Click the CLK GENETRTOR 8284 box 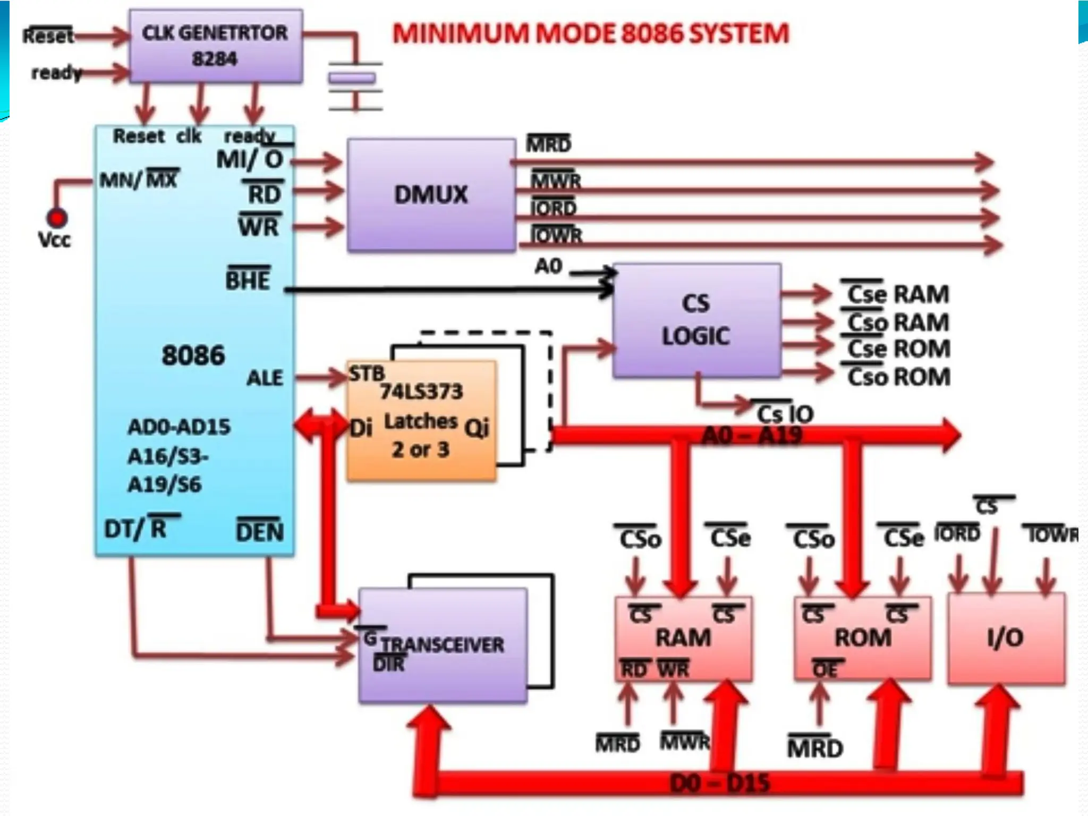click(x=216, y=46)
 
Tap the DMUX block click(x=431, y=194)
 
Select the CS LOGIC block click(x=696, y=320)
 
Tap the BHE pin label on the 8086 click(x=248, y=279)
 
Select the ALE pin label click(x=265, y=378)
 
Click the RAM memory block click(x=683, y=637)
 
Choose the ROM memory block click(x=862, y=637)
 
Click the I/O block click(x=1006, y=637)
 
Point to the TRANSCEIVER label click(x=443, y=645)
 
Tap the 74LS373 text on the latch click(x=421, y=392)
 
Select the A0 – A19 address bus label click(x=752, y=436)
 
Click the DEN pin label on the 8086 click(x=259, y=531)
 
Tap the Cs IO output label click(x=784, y=413)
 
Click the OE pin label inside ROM click(x=825, y=669)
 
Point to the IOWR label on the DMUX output click(x=556, y=234)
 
